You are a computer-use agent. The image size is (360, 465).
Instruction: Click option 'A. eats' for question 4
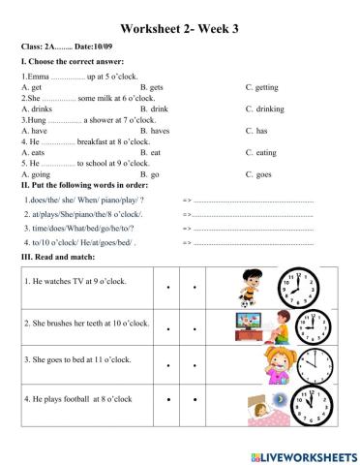pos(32,152)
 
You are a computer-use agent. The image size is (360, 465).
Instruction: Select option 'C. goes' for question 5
pos(259,173)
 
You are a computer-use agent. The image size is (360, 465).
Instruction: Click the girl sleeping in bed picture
pos(255,406)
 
